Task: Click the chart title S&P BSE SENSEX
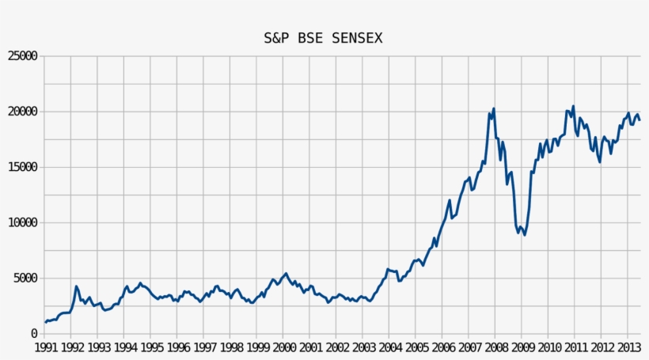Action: (x=323, y=38)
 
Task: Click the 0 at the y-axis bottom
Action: (x=34, y=334)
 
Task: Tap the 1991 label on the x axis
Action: (x=45, y=347)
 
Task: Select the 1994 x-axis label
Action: (x=125, y=347)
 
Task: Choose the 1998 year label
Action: (x=231, y=347)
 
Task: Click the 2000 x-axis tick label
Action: (x=284, y=347)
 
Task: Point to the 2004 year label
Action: (x=390, y=347)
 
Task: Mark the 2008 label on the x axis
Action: (x=496, y=347)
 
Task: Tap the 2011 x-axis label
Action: (x=575, y=347)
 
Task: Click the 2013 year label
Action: (x=628, y=347)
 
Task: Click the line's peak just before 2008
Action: (x=494, y=108)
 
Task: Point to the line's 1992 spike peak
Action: (x=76, y=286)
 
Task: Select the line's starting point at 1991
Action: (x=46, y=322)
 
